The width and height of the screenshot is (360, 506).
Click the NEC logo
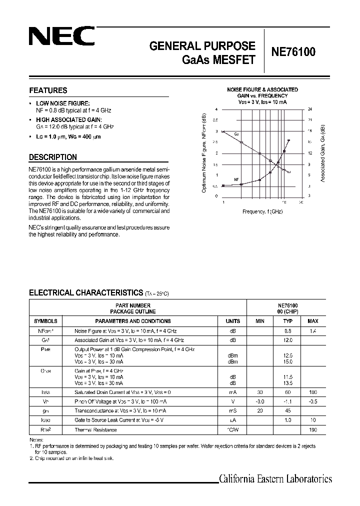(61, 36)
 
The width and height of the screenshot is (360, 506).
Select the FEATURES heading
(48, 90)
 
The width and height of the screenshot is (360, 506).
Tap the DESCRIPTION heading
(53, 157)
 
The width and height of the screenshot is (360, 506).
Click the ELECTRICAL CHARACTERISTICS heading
(86, 292)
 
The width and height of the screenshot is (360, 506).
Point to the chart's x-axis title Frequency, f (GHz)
(262, 211)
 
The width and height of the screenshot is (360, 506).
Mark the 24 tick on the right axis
(310, 109)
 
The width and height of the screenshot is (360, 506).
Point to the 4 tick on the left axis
(216, 109)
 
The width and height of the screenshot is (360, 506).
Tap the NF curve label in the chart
(236, 179)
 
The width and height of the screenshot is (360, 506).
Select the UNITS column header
(232, 321)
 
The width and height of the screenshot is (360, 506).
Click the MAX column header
(313, 321)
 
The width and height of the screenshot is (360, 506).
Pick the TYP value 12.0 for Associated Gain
(288, 340)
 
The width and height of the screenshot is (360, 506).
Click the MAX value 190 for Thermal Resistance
(313, 429)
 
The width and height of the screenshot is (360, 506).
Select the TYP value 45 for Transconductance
(288, 411)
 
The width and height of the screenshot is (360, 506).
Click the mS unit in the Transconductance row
(232, 411)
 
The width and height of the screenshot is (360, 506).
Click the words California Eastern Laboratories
(275, 479)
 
